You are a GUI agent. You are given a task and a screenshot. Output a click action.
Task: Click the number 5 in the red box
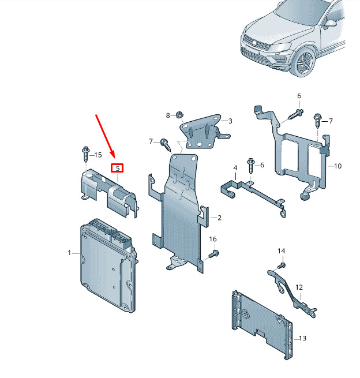point(118,168)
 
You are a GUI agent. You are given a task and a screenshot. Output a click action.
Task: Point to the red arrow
point(105,136)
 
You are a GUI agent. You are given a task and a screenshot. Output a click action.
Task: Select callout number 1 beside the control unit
point(69,253)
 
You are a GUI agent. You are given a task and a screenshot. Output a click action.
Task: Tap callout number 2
point(219,218)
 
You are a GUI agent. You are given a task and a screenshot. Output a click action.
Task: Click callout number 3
point(230,121)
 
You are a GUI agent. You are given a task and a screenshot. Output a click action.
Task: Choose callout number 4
point(235,168)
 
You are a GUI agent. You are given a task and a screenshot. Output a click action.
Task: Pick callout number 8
point(168,115)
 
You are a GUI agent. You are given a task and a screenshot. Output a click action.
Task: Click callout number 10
point(338,166)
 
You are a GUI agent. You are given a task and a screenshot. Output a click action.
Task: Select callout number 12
point(299,287)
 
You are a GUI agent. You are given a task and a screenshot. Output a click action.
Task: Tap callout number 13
point(303,338)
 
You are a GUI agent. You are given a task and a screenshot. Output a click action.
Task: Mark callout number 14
point(281,251)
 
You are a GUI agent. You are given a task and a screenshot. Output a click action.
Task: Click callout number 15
point(98,155)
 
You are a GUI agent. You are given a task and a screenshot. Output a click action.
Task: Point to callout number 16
point(213,239)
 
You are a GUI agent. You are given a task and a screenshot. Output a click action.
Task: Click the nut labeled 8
point(179,115)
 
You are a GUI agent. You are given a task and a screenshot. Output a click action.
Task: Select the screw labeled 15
point(86,154)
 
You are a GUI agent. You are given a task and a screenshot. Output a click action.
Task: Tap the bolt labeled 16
point(213,253)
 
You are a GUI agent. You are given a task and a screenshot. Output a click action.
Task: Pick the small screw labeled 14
point(282,266)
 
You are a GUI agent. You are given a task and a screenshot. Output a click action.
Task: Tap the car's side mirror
point(329,24)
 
